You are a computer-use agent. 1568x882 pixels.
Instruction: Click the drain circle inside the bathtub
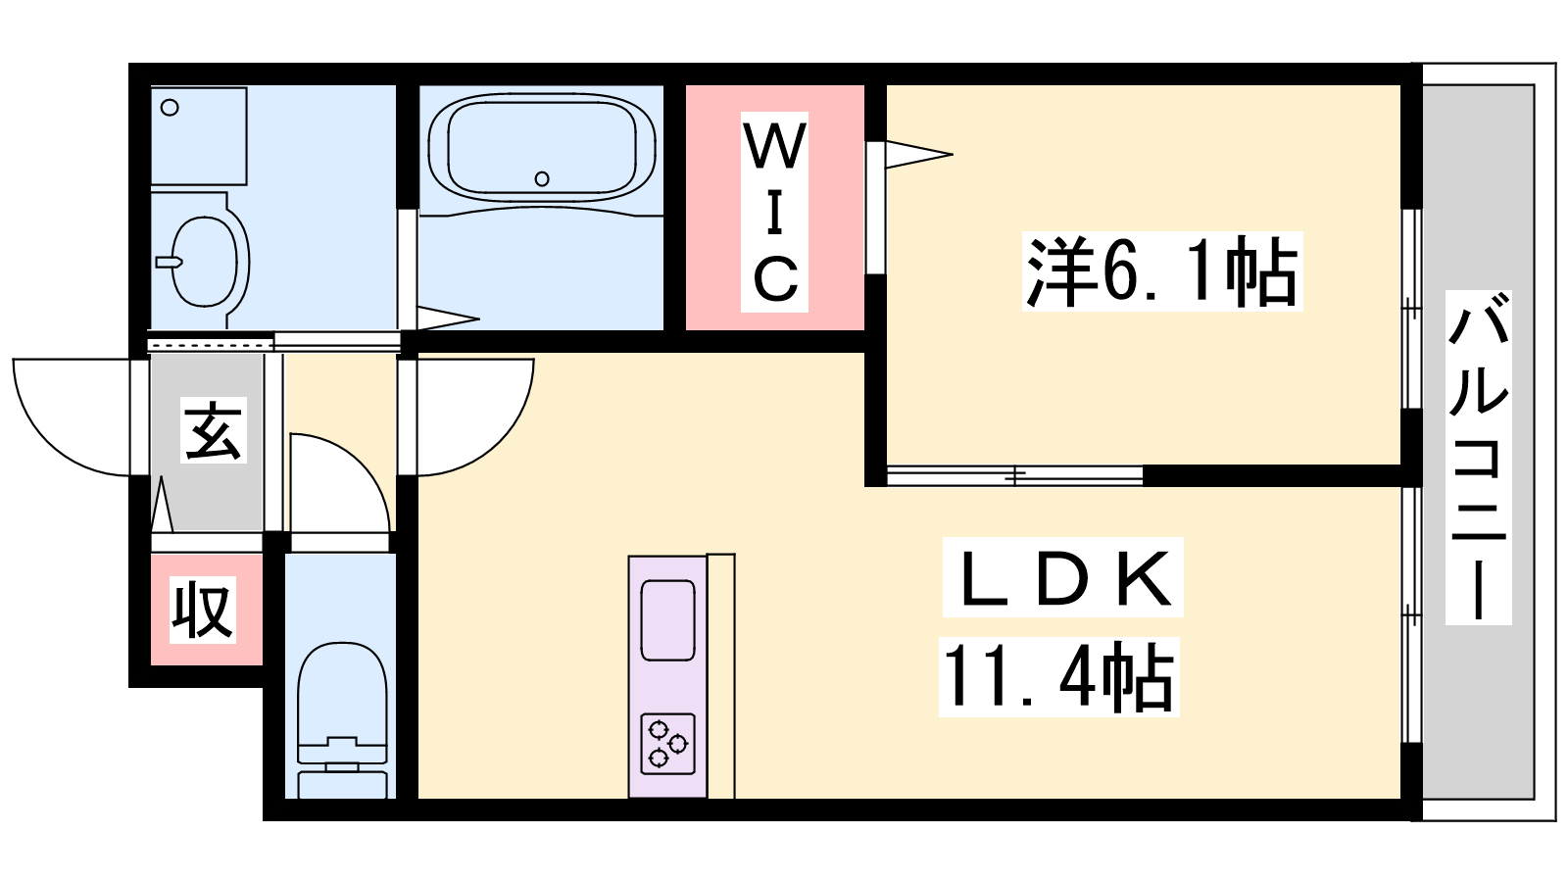[x=541, y=178]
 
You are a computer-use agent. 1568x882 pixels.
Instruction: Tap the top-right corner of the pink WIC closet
[x=864, y=85]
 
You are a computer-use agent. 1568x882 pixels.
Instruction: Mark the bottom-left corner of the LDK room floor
[x=418, y=799]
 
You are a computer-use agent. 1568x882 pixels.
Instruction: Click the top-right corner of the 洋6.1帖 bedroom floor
[x=1400, y=85]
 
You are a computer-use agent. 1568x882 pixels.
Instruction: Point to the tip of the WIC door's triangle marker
[x=953, y=154]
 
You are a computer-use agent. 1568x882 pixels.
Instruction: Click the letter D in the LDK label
[x=1063, y=578]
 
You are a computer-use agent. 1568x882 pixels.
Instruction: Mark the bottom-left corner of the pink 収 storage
[x=151, y=665]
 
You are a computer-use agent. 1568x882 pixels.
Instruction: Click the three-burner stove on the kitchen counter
[x=667, y=744]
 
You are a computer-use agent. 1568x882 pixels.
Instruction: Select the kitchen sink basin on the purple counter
[x=667, y=620]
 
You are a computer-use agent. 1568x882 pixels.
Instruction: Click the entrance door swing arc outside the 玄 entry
[x=70, y=417]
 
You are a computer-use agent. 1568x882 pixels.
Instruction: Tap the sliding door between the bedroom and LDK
[x=1015, y=475]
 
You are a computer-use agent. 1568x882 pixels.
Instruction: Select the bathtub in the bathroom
[x=542, y=148]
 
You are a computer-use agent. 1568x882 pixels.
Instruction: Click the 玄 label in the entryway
[x=214, y=430]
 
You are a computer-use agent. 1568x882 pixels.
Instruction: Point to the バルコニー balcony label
[x=1479, y=457]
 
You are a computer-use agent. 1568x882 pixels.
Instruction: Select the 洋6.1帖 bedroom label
[x=1162, y=270]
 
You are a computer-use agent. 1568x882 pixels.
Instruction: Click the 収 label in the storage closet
[x=202, y=610]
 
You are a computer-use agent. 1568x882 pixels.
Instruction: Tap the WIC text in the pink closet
[x=775, y=212]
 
